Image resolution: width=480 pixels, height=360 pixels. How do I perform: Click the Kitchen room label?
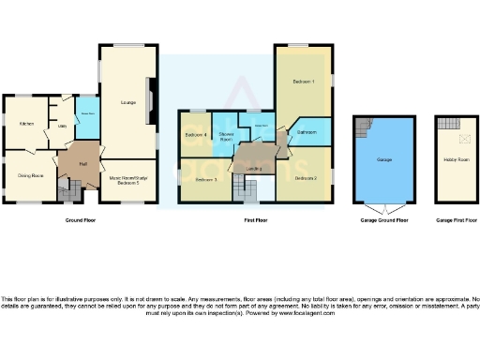click(27, 123)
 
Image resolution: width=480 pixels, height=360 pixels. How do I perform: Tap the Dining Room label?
click(31, 175)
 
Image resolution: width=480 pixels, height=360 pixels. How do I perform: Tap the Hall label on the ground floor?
click(83, 164)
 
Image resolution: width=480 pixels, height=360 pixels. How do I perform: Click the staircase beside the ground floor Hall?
click(68, 192)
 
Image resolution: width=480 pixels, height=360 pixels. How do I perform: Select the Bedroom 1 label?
click(302, 82)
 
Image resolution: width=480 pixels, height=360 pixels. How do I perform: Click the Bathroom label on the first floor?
click(307, 133)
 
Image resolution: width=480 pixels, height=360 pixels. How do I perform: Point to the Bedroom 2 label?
click(305, 177)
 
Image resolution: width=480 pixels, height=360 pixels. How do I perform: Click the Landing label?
click(253, 169)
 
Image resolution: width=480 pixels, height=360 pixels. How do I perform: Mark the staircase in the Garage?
click(363, 127)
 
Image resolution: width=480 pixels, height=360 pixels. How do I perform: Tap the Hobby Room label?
click(455, 159)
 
